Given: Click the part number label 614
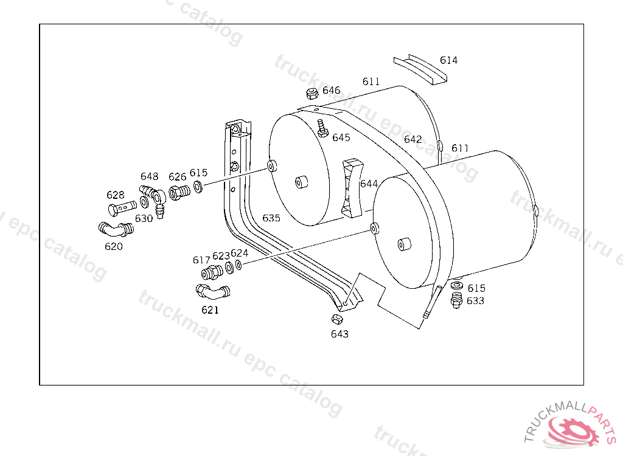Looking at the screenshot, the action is pyautogui.click(x=448, y=60).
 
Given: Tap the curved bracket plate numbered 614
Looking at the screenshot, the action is pyautogui.click(x=420, y=69).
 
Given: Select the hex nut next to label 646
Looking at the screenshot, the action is pyautogui.click(x=312, y=94).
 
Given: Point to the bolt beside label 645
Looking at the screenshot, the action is pyautogui.click(x=322, y=128).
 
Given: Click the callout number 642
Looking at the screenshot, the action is pyautogui.click(x=413, y=139).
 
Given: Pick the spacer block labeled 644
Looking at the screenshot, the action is pyautogui.click(x=351, y=188).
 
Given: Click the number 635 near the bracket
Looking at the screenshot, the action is pyautogui.click(x=271, y=218).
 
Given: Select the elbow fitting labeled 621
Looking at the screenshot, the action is pyautogui.click(x=213, y=292).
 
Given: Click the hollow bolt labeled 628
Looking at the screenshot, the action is pyautogui.click(x=122, y=208).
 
